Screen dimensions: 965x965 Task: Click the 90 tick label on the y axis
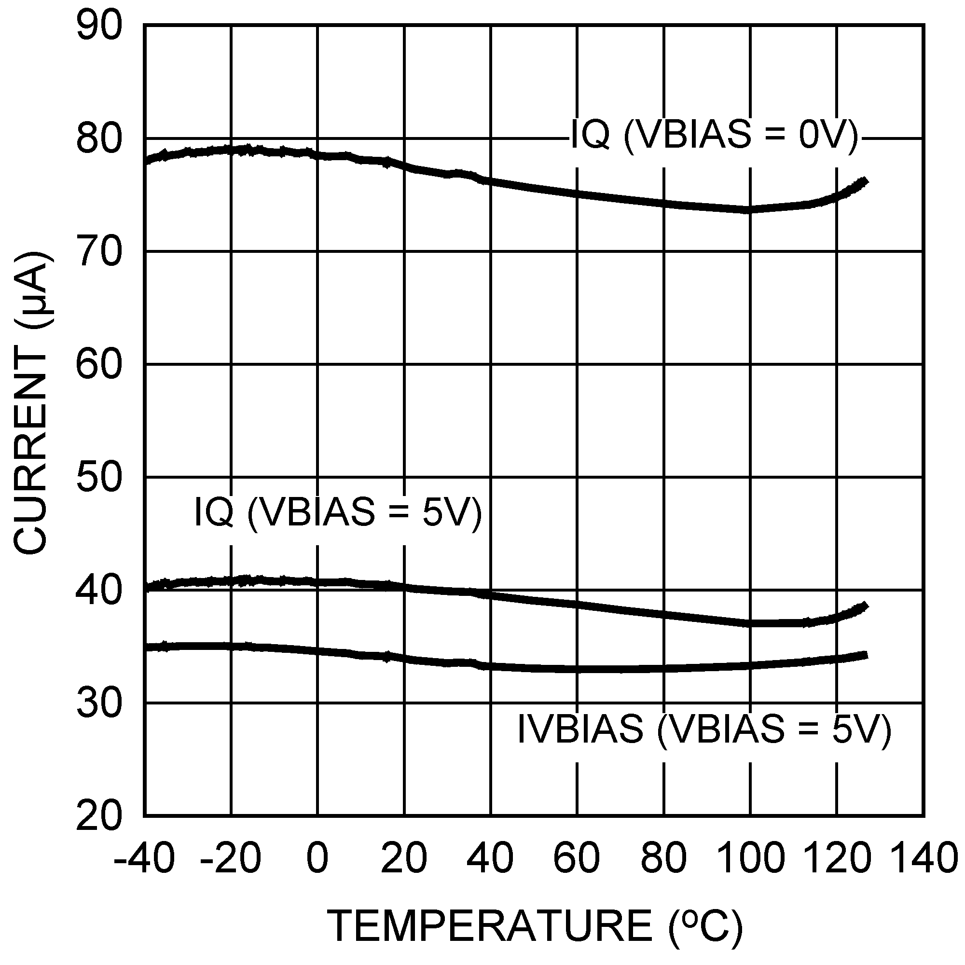point(99,26)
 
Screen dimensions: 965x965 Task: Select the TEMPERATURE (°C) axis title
point(535,925)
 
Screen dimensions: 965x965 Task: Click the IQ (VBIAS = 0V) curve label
point(714,135)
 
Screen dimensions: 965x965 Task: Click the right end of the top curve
point(866,182)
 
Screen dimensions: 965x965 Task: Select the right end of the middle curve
point(866,607)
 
